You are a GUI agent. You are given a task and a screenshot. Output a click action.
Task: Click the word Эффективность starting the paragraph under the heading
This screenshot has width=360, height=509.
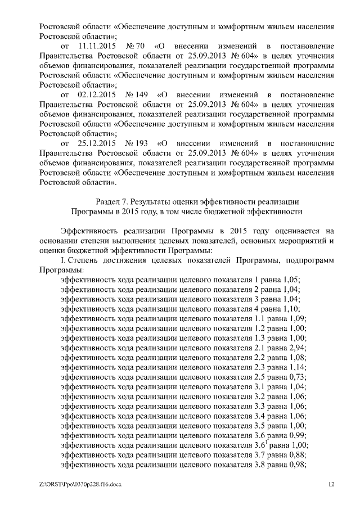91,231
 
